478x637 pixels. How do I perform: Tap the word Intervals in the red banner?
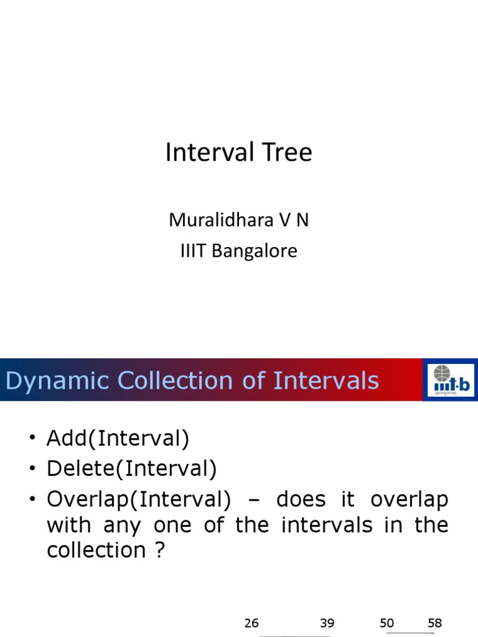pos(326,380)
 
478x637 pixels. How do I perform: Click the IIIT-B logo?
pos(450,380)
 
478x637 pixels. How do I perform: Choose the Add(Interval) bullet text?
pos(117,439)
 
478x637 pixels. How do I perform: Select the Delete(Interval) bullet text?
pos(131,468)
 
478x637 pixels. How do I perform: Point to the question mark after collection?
pos(160,550)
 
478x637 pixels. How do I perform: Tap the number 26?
pos(251,623)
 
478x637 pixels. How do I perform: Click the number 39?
pos(327,623)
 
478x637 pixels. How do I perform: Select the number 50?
pos(387,623)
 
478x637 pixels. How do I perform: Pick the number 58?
pos(434,623)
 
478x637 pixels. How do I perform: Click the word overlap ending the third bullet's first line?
pos(409,499)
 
